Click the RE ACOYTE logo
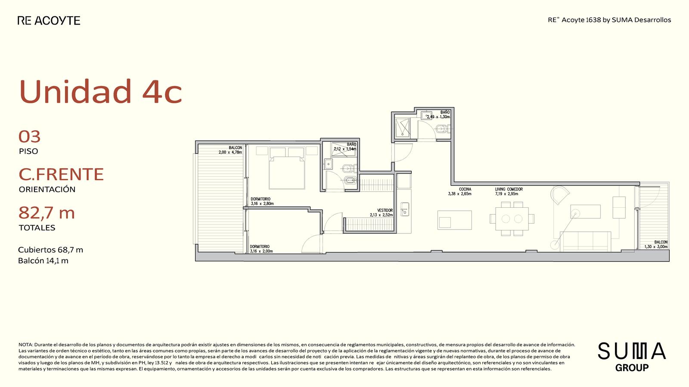pyautogui.click(x=49, y=21)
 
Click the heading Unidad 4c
pyautogui.click(x=101, y=91)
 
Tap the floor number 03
pyautogui.click(x=30, y=137)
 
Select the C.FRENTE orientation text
pyautogui.click(x=61, y=174)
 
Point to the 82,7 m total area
pyautogui.click(x=47, y=212)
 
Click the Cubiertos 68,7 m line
pyautogui.click(x=50, y=250)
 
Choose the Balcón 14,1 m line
pyautogui.click(x=43, y=261)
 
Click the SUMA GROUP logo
pyautogui.click(x=632, y=357)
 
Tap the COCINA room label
pyautogui.click(x=465, y=189)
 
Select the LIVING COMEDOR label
pyautogui.click(x=509, y=189)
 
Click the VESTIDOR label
pyautogui.click(x=385, y=210)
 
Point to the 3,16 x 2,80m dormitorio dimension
pyautogui.click(x=262, y=204)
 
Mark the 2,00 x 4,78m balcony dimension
pyautogui.click(x=230, y=152)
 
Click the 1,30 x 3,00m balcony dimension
pyautogui.click(x=656, y=247)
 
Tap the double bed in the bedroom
pyautogui.click(x=287, y=168)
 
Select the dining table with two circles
pyautogui.click(x=512, y=219)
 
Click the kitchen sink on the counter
pyautogui.click(x=404, y=209)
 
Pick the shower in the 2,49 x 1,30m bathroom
pyautogui.click(x=402, y=127)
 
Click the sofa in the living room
pyautogui.click(x=585, y=241)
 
